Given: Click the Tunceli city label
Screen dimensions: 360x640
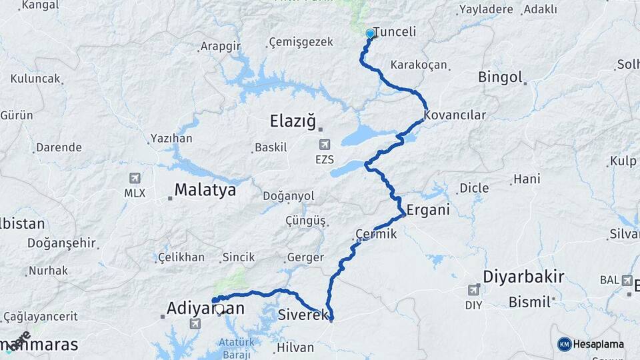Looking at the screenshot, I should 395,32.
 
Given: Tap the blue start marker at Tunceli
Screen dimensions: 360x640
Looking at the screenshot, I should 370,33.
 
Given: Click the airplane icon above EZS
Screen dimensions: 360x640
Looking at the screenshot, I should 325,144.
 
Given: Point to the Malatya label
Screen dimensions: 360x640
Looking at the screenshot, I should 205,191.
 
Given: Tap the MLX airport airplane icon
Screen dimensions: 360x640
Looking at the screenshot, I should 135,178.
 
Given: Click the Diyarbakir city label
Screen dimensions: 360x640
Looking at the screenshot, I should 523,276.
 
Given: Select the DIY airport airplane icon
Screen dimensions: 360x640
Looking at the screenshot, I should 475,289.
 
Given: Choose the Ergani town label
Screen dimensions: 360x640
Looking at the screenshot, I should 428,209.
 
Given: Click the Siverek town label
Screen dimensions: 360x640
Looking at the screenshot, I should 303,313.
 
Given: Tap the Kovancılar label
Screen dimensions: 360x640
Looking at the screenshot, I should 455,115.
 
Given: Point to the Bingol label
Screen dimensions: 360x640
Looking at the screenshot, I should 500,77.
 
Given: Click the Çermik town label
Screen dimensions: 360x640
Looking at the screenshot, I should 377,234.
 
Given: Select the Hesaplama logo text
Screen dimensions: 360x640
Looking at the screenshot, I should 599,345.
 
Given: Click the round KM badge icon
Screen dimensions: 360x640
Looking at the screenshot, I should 565,344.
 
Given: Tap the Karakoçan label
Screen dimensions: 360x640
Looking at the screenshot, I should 419,65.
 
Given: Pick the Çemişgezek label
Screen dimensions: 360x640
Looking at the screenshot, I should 300,43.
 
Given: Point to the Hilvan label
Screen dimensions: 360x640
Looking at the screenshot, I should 295,347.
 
